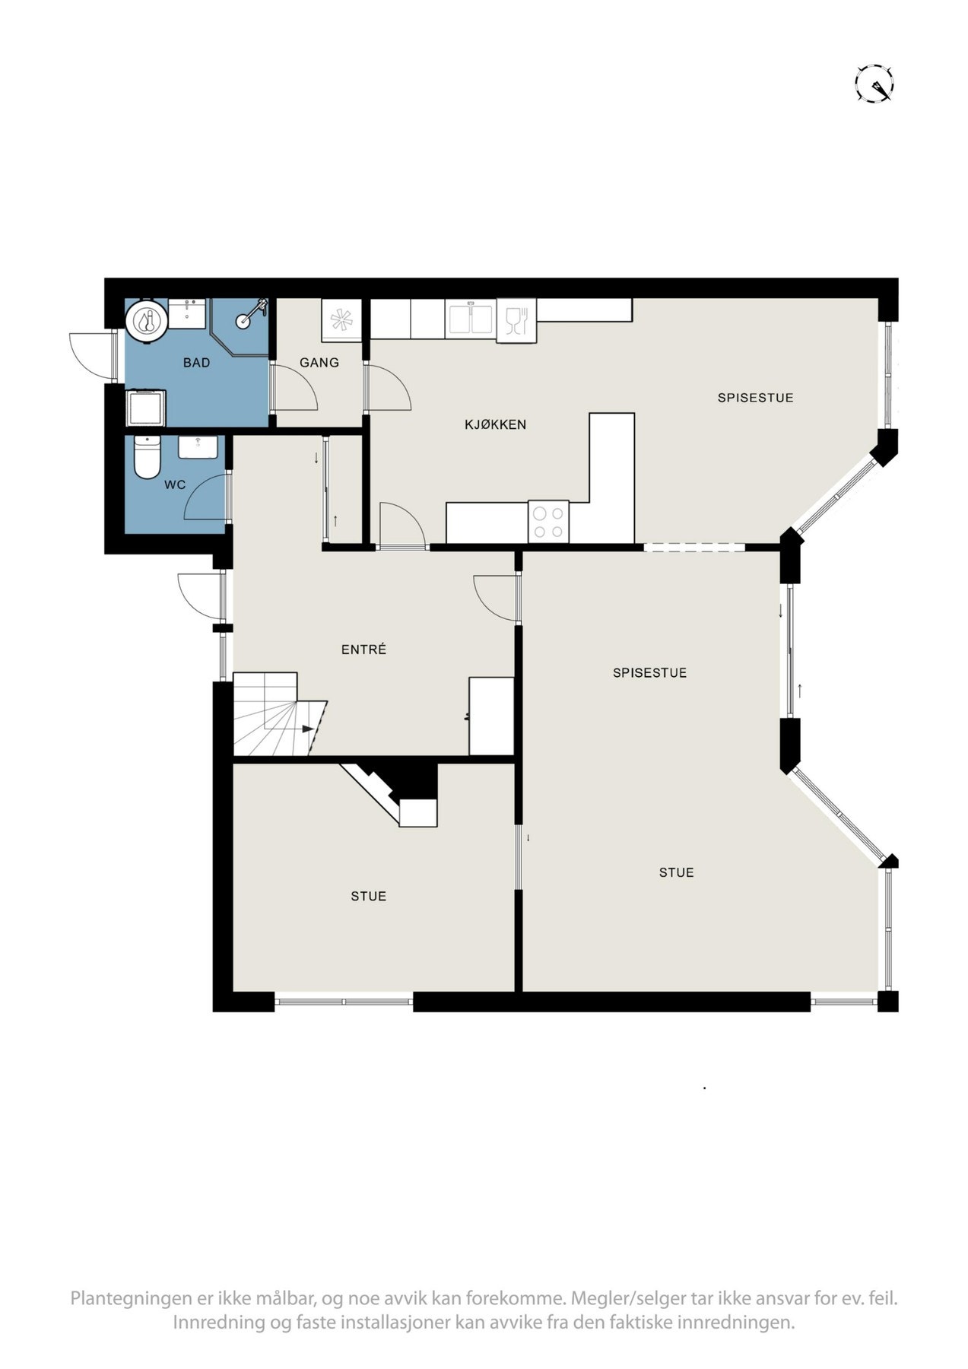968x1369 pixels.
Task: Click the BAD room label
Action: (x=196, y=363)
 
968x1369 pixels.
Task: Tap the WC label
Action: (x=175, y=484)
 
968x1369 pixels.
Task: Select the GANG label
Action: (x=319, y=363)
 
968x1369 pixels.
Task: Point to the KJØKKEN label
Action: (x=496, y=424)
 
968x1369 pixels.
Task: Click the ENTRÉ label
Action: (x=364, y=650)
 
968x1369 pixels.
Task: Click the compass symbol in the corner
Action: (x=874, y=83)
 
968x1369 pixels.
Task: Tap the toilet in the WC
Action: (x=144, y=456)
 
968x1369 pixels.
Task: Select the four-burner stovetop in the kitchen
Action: (x=548, y=521)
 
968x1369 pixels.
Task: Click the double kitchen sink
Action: (x=471, y=319)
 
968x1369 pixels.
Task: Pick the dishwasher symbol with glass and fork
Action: (x=516, y=319)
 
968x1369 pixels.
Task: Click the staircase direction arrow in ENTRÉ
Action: (x=306, y=729)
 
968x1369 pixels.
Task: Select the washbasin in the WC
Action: (x=201, y=446)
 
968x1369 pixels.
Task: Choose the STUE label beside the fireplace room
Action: (x=369, y=896)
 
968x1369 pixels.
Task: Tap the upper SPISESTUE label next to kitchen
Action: (x=756, y=398)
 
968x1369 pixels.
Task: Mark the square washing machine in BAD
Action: (x=145, y=408)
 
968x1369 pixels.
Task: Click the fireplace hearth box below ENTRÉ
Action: (x=418, y=812)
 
